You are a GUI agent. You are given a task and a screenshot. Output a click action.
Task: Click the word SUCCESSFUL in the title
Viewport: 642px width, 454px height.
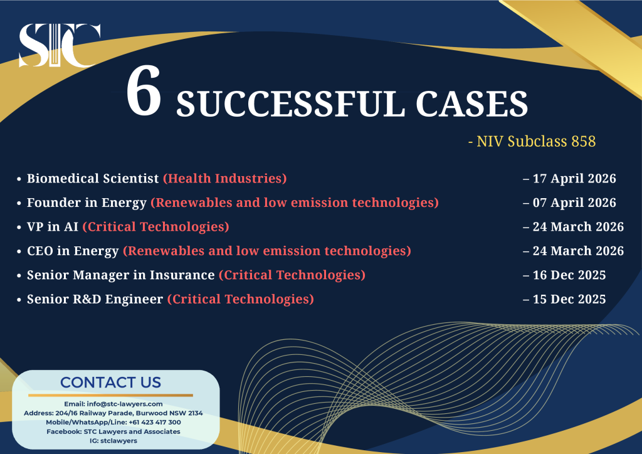click(290, 103)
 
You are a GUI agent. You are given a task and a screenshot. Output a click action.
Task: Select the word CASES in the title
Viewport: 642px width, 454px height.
click(470, 103)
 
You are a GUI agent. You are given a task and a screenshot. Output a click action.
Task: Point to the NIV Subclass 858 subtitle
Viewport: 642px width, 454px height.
click(532, 142)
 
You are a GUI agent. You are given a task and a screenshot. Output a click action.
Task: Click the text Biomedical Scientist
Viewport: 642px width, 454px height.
click(93, 179)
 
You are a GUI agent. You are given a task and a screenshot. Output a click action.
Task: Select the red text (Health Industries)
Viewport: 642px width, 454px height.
click(224, 179)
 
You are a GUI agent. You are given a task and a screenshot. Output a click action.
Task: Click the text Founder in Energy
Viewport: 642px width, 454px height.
click(87, 203)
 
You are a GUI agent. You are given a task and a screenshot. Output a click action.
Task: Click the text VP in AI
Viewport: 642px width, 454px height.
click(53, 226)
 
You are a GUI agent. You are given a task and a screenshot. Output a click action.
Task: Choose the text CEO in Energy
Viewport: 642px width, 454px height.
click(73, 251)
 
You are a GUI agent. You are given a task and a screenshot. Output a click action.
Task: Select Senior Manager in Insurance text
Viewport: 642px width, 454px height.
click(120, 275)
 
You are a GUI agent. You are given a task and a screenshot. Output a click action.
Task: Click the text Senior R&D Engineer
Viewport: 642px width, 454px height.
click(95, 299)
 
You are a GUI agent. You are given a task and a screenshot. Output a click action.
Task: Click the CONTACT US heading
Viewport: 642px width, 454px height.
click(110, 383)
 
